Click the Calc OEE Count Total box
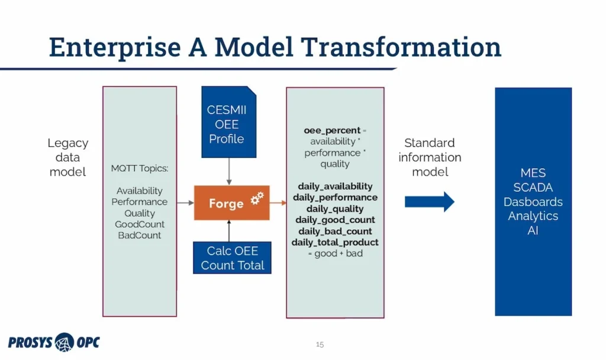232,258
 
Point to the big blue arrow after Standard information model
429,202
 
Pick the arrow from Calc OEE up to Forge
228,230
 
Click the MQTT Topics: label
140,169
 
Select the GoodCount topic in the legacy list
140,224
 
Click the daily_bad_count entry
335,231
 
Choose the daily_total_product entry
335,242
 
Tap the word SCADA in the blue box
533,188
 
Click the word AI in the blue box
533,230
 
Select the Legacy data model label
67,157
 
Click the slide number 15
320,344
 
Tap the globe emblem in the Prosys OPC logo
64,342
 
